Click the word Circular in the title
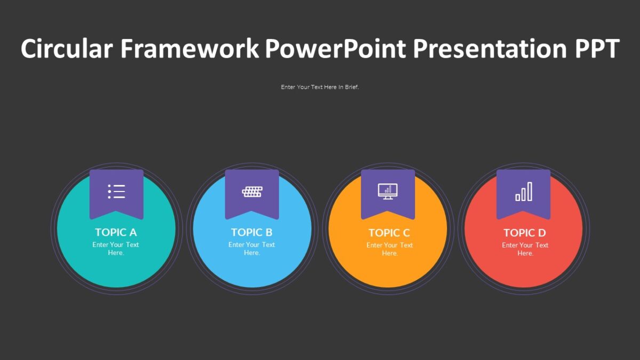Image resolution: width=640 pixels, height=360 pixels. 66,49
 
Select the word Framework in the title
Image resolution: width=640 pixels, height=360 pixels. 189,49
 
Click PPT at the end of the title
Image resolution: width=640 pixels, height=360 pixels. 597,49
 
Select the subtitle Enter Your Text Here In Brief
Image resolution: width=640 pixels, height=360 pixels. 320,87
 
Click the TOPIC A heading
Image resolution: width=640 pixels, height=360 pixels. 116,232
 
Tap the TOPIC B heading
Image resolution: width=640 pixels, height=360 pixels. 252,232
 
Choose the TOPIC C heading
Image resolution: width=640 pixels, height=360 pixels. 389,233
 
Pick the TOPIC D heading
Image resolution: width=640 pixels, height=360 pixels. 525,233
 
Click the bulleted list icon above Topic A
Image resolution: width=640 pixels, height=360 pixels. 116,191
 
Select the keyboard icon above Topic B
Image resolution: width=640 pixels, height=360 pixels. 252,191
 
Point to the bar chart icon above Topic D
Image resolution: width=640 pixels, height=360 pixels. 524,191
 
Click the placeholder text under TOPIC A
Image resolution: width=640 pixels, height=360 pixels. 116,249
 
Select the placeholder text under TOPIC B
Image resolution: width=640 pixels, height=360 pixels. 252,249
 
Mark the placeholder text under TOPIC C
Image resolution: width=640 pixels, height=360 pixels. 389,249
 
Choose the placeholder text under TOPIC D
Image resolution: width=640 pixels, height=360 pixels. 525,249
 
